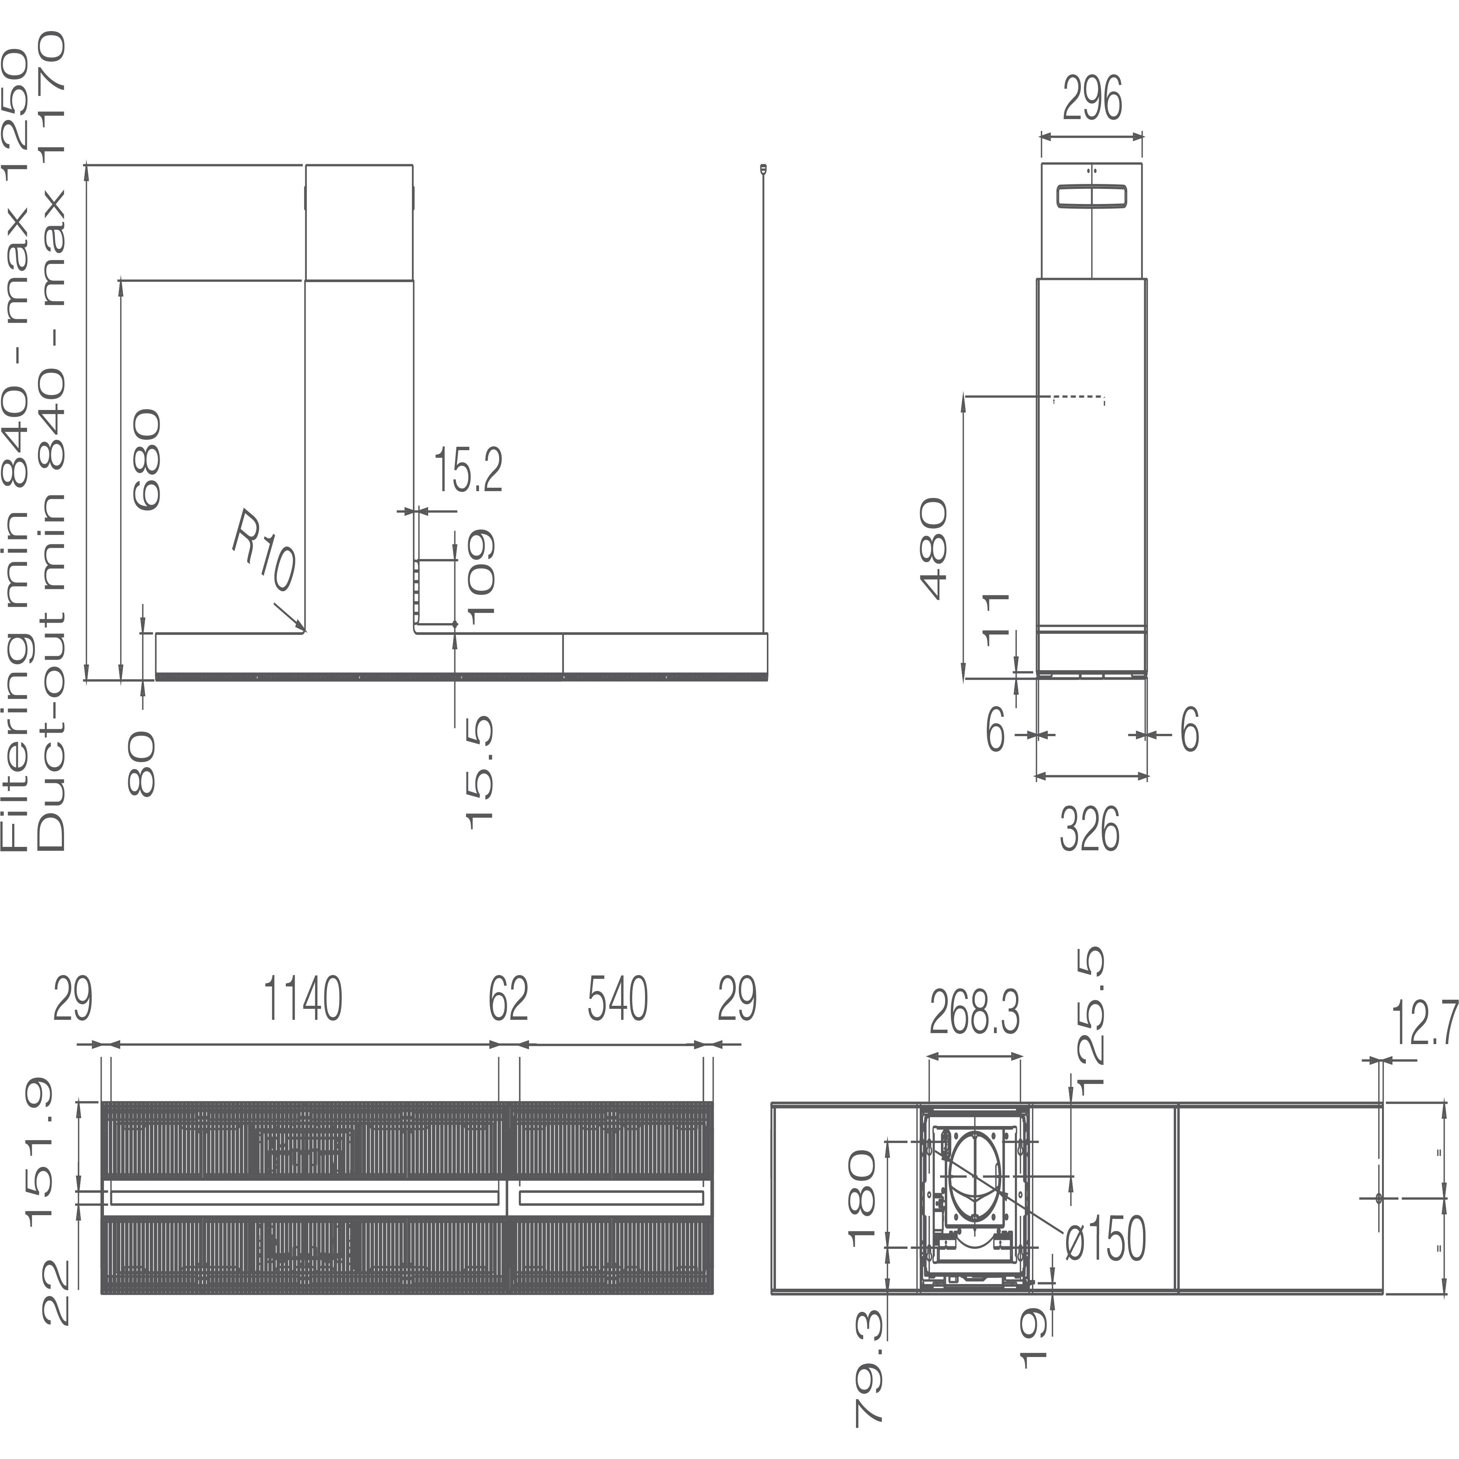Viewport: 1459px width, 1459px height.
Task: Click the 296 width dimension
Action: (1092, 99)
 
